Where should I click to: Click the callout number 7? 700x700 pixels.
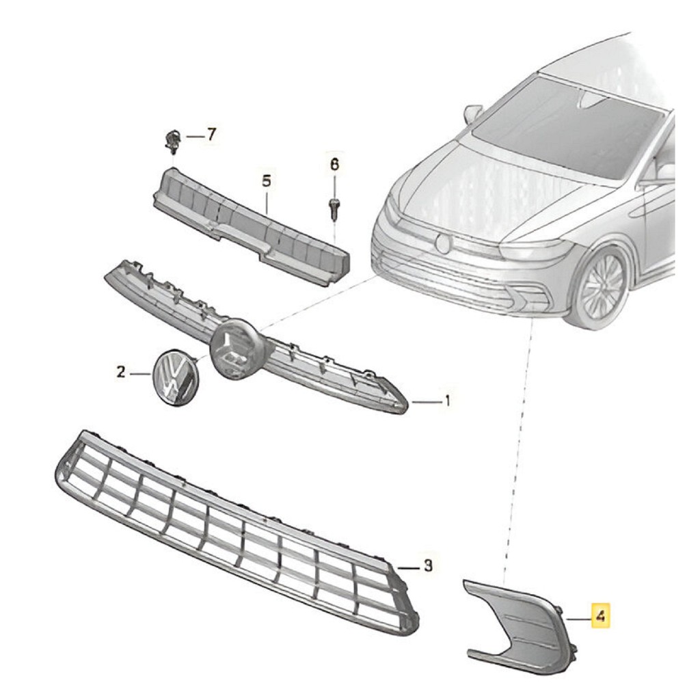tap(211, 134)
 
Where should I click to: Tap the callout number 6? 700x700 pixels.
tap(334, 164)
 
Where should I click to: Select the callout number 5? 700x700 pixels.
tap(266, 181)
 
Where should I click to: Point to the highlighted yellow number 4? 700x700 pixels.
tap(600, 617)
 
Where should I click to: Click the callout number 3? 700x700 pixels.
tap(428, 566)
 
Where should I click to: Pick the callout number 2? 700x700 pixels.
tap(120, 371)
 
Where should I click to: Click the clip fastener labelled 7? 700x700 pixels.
tap(172, 141)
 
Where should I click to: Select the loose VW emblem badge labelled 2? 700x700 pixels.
tap(175, 377)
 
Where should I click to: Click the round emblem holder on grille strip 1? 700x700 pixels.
tap(234, 349)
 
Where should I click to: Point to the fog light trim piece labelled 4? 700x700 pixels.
tap(518, 625)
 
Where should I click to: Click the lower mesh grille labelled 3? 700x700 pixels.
tap(237, 531)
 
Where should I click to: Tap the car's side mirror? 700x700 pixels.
tap(474, 113)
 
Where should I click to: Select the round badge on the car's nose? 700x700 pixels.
tap(444, 243)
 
